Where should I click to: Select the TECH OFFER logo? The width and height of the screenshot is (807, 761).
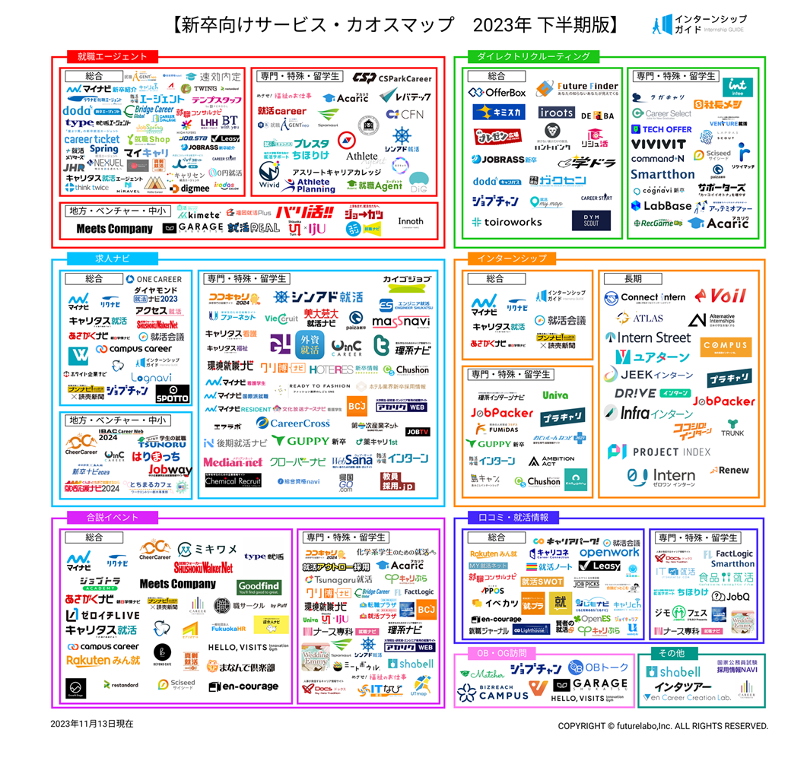coord(662,129)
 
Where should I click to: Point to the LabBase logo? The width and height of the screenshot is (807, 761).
coord(661,205)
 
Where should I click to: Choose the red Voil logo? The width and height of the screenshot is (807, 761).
coord(718,296)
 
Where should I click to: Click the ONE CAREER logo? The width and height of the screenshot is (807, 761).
coord(155,279)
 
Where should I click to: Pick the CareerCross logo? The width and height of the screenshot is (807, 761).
coord(294,423)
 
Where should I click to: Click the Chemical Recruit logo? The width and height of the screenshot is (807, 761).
coord(233,480)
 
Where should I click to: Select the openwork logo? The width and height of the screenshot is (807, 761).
coord(609,553)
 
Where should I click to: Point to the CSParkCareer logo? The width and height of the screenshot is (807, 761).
coord(392,78)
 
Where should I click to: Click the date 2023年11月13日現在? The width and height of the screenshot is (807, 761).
coord(92,724)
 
